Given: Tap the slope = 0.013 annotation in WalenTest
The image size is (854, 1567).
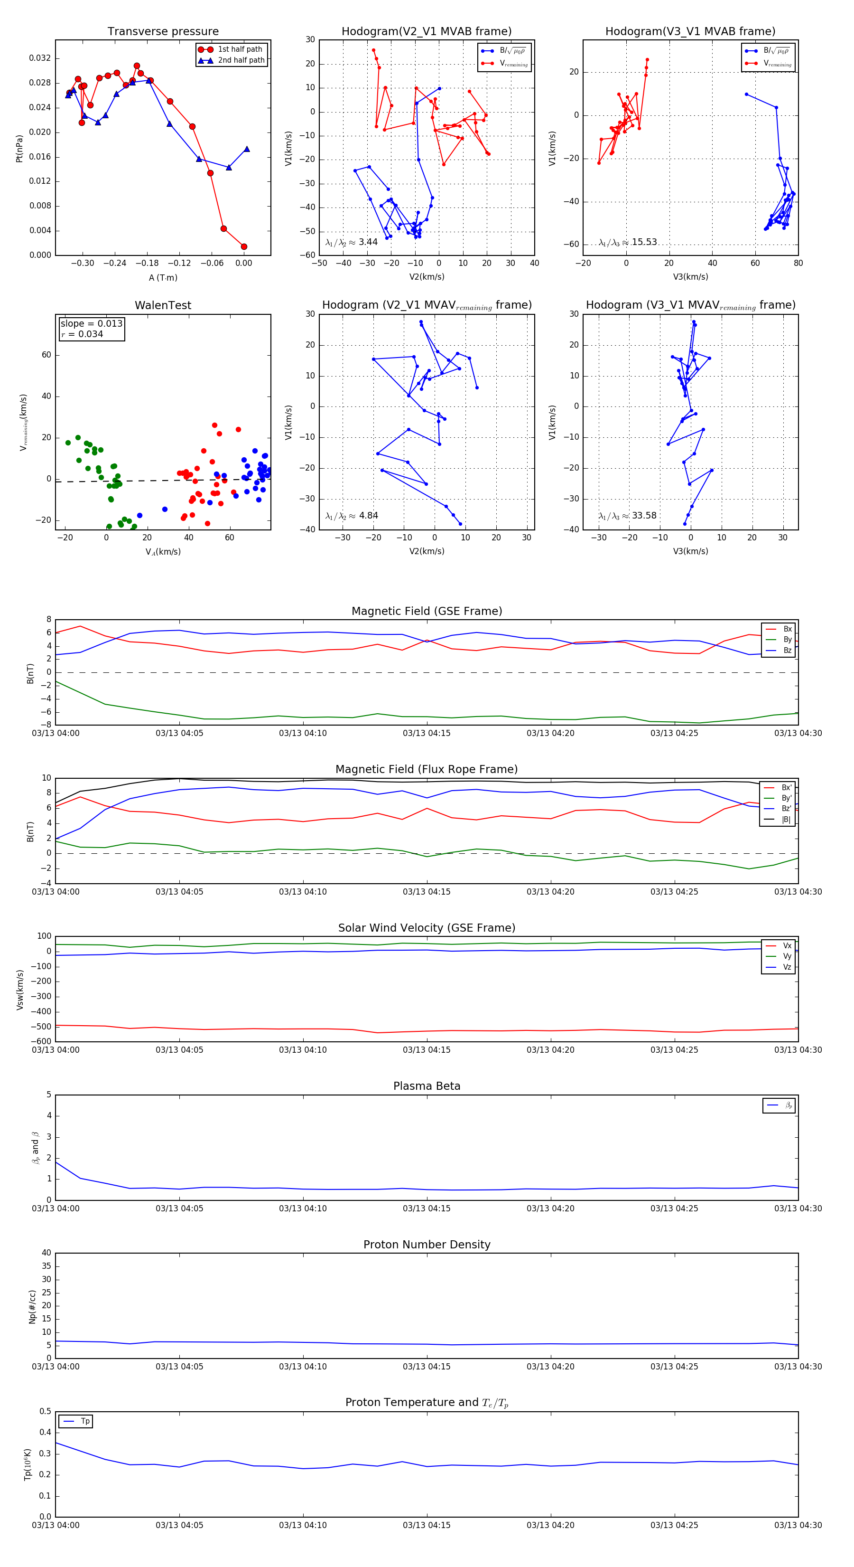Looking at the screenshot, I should pos(91,324).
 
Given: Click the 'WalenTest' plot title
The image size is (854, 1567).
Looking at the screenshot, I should pos(163,305).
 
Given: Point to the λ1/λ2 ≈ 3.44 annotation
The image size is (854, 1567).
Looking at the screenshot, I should pos(351,242).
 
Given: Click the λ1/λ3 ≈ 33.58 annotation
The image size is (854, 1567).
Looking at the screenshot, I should pos(627,516).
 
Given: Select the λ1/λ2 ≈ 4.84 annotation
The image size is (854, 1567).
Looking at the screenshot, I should pos(351,516).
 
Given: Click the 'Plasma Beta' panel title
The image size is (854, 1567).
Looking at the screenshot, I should pos(427,1086).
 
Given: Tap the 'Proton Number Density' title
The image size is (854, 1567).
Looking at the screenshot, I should pos(427,1245).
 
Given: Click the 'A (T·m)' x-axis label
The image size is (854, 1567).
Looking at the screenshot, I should pos(163,278).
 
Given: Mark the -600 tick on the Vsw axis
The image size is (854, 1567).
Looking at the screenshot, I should pos(43,1041).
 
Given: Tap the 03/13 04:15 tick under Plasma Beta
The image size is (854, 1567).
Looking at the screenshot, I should pos(427,1208).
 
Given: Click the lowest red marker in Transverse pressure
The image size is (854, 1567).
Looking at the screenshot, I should pos(244,247).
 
